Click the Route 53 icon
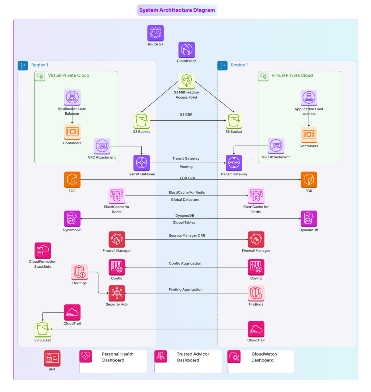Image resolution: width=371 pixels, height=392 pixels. [x=155, y=33]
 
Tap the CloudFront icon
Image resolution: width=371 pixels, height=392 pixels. [x=187, y=50]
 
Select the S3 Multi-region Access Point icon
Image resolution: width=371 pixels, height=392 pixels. [x=187, y=81]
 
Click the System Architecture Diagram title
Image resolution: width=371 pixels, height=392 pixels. [x=177, y=10]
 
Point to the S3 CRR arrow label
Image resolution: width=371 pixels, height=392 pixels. [x=186, y=115]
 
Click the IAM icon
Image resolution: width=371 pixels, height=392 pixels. [x=52, y=358]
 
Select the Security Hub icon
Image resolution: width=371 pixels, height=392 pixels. [x=117, y=293]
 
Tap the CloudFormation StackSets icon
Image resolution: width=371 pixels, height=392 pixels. [x=43, y=250]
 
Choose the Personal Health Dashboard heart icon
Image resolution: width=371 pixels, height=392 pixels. [x=86, y=356]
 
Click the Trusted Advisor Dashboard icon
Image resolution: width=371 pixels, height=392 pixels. [x=161, y=356]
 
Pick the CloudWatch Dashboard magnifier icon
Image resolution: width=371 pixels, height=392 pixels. [x=234, y=356]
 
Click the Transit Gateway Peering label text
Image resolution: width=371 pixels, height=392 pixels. [x=186, y=162]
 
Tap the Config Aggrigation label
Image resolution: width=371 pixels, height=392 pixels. [x=185, y=263]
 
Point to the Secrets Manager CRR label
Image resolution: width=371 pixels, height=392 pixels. [x=187, y=235]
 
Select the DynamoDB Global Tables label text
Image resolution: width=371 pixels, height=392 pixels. [x=184, y=219]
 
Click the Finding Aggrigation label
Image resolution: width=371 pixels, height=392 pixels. [x=186, y=289]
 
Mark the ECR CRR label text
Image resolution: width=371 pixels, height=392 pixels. [x=187, y=178]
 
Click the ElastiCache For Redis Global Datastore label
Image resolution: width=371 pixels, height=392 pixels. [x=186, y=196]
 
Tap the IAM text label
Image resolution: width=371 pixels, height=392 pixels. [x=52, y=369]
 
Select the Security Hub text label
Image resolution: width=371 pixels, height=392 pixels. [x=117, y=304]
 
